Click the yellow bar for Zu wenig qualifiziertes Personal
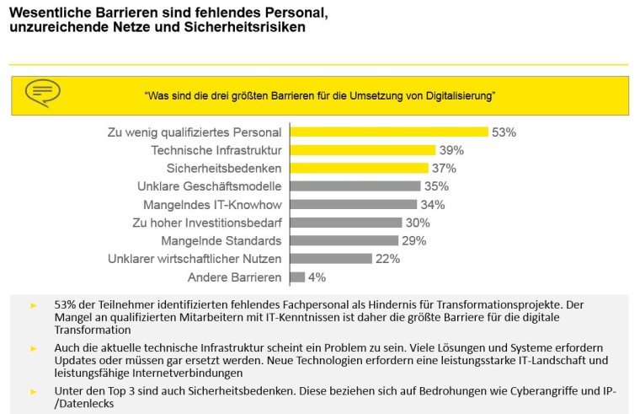point(389,132)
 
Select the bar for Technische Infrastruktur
point(362,150)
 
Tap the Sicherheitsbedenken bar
point(359,169)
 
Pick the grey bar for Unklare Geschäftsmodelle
point(355,186)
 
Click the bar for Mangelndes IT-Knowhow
point(353,204)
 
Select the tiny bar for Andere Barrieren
point(297,277)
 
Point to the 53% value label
point(504,132)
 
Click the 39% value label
point(451,150)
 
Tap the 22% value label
point(387,259)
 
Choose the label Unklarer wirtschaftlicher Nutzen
point(195,259)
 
